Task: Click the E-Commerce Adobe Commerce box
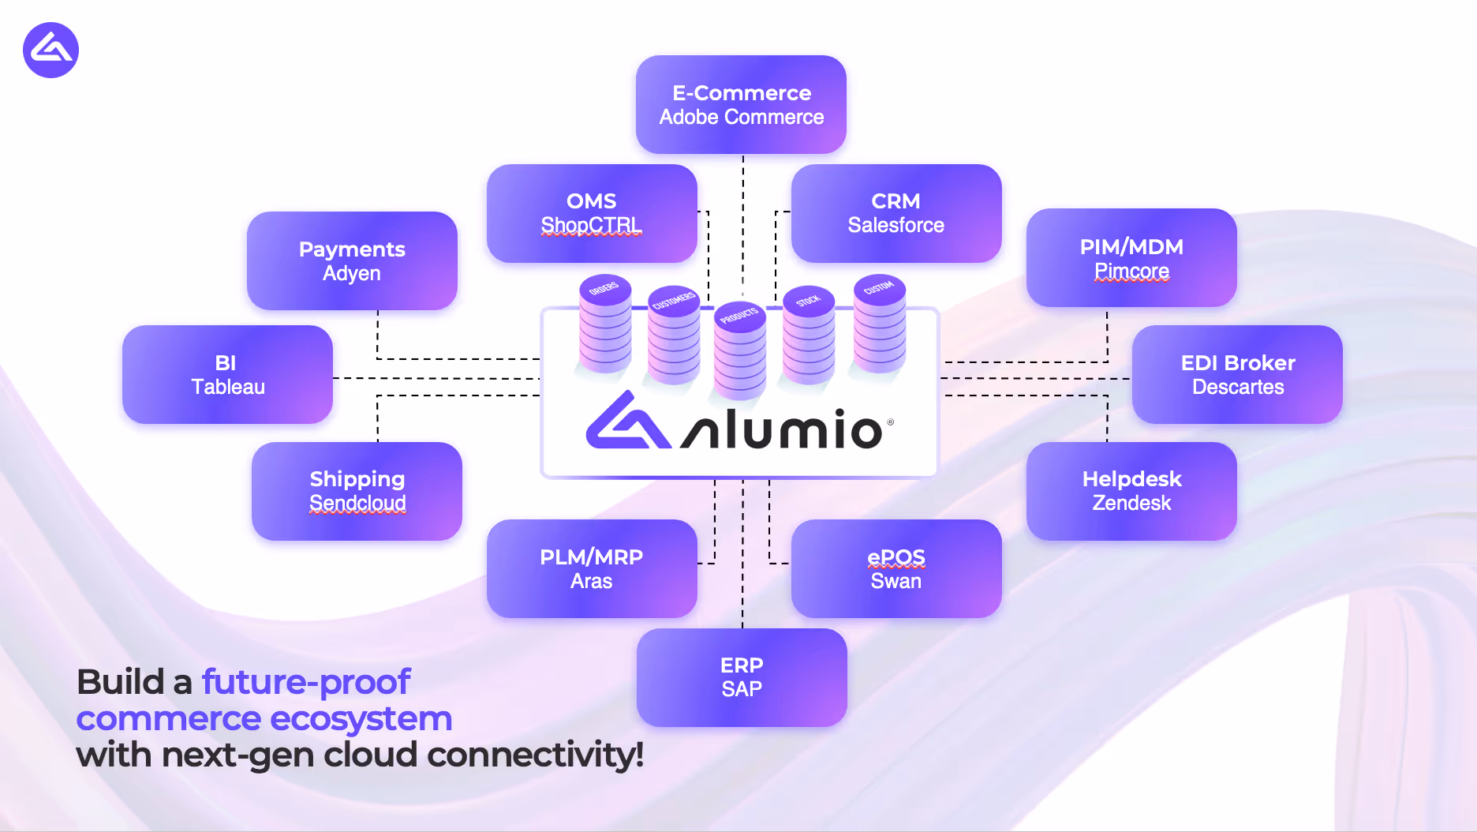(741, 104)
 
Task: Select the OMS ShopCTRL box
(592, 213)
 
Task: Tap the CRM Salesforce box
(896, 213)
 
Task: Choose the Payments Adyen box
(352, 260)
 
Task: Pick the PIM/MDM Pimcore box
(1131, 258)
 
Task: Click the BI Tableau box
(227, 374)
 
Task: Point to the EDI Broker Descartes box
(1237, 374)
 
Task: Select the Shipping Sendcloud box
(357, 491)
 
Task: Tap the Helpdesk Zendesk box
(1131, 491)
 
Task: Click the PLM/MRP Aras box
(592, 568)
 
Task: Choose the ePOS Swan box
(896, 568)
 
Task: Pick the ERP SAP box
(741, 677)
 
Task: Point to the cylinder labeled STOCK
(808, 335)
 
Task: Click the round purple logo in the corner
(50, 51)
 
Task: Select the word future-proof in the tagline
(306, 682)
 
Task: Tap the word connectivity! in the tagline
(535, 755)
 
